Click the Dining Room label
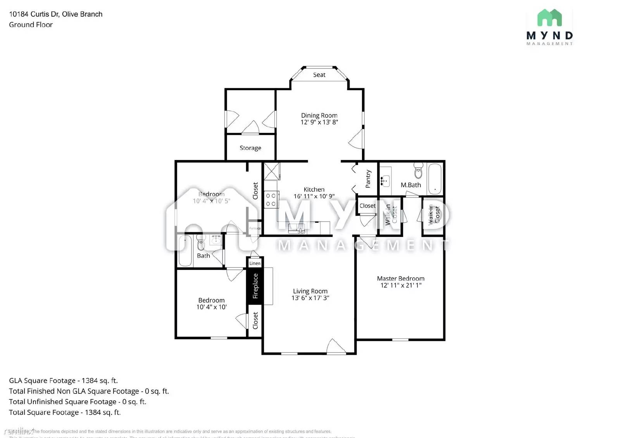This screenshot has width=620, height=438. click(319, 115)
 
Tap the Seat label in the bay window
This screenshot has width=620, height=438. click(319, 75)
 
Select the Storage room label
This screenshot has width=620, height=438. click(250, 148)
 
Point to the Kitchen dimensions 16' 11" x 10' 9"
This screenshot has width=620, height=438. click(314, 196)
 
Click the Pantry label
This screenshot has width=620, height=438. click(368, 179)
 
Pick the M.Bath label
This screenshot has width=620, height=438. click(410, 185)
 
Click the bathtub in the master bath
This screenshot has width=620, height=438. click(435, 179)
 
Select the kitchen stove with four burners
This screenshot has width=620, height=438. click(271, 200)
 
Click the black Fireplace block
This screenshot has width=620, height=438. click(255, 286)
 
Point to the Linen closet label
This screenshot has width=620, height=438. click(255, 263)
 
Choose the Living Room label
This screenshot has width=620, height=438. click(310, 291)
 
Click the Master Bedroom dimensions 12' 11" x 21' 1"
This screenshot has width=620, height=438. click(401, 285)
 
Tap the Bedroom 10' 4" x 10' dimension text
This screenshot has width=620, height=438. click(211, 307)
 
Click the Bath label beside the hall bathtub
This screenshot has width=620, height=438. click(203, 256)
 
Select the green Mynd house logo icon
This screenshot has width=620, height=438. click(549, 18)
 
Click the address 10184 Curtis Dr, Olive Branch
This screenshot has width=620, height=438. click(56, 14)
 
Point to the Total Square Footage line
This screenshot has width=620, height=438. click(65, 412)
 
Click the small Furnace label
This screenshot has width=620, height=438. click(255, 228)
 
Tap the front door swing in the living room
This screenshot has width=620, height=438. click(336, 346)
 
